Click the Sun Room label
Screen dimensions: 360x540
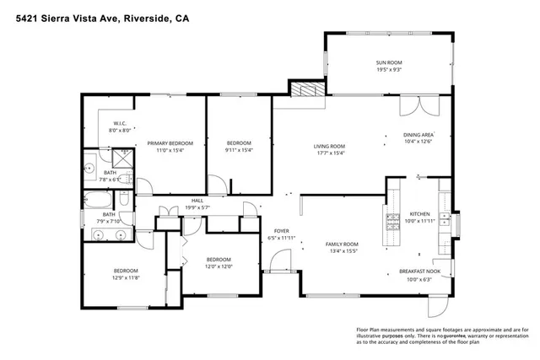click(x=388, y=63)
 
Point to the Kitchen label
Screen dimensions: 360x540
click(x=420, y=213)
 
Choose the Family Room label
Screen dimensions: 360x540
click(x=342, y=244)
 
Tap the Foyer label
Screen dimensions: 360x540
click(x=282, y=230)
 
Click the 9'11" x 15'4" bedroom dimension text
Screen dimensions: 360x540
click(x=238, y=152)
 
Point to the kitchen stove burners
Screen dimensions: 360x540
click(x=392, y=221)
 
